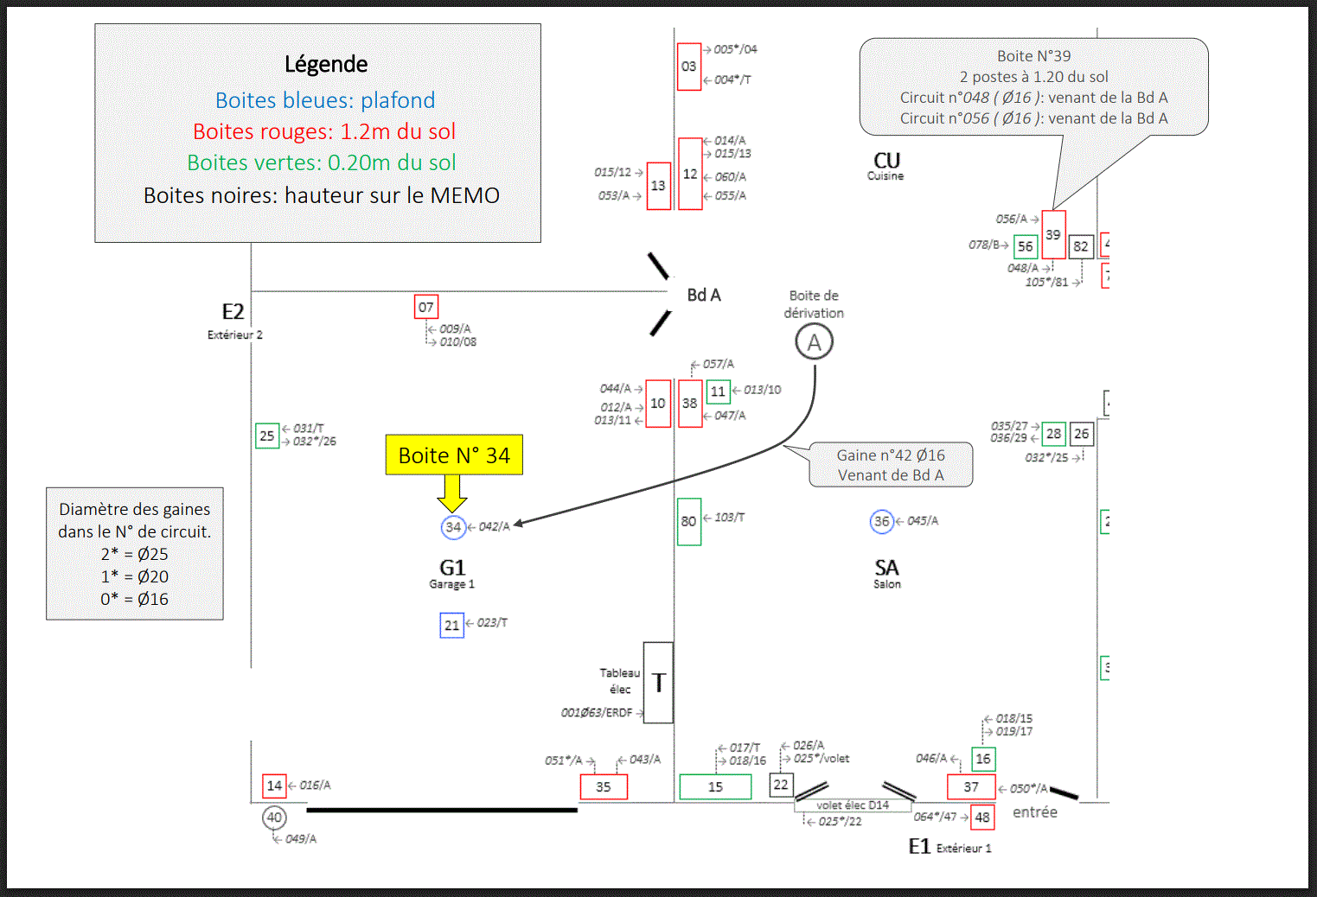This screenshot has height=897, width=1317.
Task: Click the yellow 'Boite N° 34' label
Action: [454, 455]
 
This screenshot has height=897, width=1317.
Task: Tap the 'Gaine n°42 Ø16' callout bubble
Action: [891, 465]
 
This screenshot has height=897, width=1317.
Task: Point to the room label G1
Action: [453, 568]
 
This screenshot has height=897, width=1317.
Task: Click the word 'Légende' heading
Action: [326, 64]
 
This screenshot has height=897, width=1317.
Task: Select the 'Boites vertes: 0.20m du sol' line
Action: [322, 162]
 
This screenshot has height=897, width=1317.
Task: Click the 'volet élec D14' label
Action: [853, 805]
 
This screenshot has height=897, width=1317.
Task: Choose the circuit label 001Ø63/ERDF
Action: [597, 713]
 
